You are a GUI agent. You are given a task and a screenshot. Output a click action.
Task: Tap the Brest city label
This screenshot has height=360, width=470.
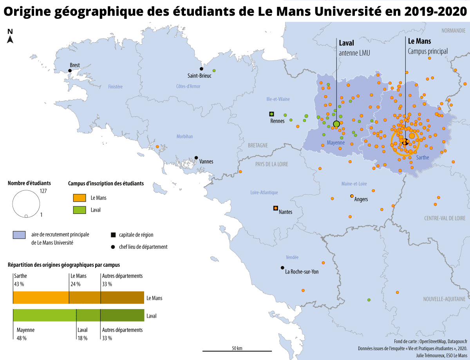pyautogui.click(x=75, y=65)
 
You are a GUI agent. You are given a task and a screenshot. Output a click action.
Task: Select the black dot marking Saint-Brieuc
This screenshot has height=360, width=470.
pyautogui.click(x=202, y=69)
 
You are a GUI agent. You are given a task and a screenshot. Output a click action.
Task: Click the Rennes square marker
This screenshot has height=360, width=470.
pyautogui.click(x=271, y=114)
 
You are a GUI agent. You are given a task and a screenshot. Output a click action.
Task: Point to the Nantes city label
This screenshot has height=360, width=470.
pyautogui.click(x=286, y=212)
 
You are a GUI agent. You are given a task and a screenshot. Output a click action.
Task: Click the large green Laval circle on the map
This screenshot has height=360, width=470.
pyautogui.click(x=336, y=124)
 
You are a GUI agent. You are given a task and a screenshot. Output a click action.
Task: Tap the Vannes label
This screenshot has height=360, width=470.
pyautogui.click(x=206, y=161)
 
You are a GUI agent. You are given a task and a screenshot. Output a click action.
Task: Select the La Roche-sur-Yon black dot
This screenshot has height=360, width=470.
pyautogui.click(x=282, y=268)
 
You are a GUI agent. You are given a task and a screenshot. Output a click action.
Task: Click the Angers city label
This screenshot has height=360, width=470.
pyautogui.click(x=361, y=199)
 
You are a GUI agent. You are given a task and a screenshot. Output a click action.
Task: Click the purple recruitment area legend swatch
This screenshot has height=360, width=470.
pyautogui.click(x=19, y=235)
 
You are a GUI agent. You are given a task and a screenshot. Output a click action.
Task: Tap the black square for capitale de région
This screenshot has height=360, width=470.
pyautogui.click(x=113, y=235)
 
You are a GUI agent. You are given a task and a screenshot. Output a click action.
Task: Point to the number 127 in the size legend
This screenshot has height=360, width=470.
pyautogui.click(x=43, y=191)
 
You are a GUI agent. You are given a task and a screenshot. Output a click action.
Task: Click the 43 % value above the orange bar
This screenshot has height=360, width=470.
pyautogui.click(x=19, y=284)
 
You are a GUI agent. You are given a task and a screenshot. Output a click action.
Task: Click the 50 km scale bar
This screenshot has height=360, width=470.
pyautogui.click(x=237, y=351)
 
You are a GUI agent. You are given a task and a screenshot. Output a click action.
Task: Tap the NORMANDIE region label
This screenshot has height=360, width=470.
pyautogui.click(x=454, y=31)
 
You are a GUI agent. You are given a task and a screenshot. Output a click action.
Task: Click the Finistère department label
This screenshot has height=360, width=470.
pyautogui.click(x=115, y=87)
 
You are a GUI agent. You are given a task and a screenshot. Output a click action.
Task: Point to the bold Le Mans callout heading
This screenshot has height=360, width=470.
pyautogui.click(x=419, y=41)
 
